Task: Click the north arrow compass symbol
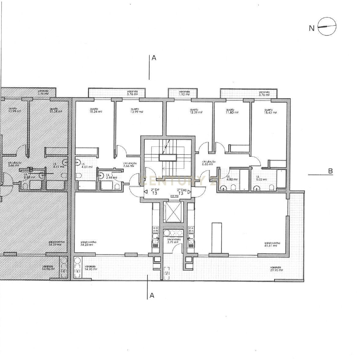pyautogui.click(x=327, y=27)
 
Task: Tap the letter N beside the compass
pyautogui.click(x=311, y=28)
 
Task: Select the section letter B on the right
pyautogui.click(x=330, y=171)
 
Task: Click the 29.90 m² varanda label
pyautogui.click(x=276, y=269)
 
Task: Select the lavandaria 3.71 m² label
pyautogui.click(x=174, y=241)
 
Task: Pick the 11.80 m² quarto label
pyautogui.click(x=231, y=111)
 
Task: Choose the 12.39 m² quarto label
pyautogui.click(x=196, y=111)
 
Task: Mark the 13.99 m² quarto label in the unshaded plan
pyautogui.click(x=136, y=110)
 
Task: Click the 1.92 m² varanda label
pyautogui.click(x=184, y=93)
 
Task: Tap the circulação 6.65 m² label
pyautogui.click(x=209, y=163)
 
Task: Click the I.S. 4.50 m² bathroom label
pyautogui.click(x=232, y=178)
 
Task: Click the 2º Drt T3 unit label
pyautogui.click(x=155, y=191)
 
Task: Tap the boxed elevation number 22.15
pyautogui.click(x=175, y=197)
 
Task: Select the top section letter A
pyautogui.click(x=154, y=58)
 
